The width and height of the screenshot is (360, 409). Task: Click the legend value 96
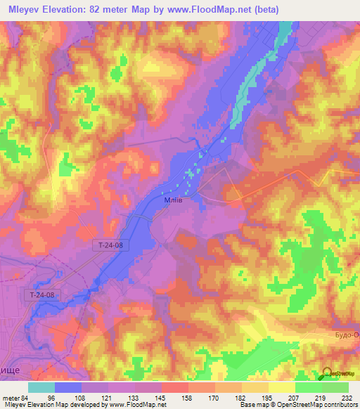click(x=51, y=397)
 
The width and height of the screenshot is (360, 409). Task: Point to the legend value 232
click(x=346, y=397)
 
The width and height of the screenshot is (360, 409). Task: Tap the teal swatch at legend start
click(x=41, y=387)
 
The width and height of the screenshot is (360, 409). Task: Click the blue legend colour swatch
click(x=68, y=387)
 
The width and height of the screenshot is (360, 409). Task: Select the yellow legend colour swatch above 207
click(x=282, y=387)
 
